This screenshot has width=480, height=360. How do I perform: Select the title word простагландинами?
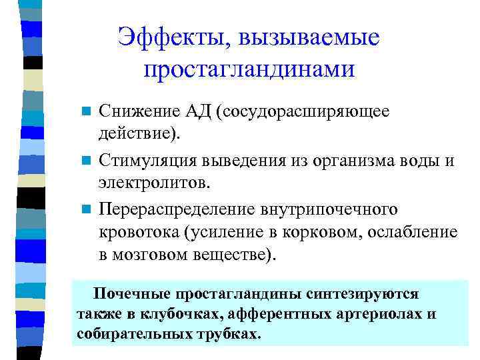click(x=249, y=70)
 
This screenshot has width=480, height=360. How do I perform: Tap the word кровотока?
click(x=139, y=231)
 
